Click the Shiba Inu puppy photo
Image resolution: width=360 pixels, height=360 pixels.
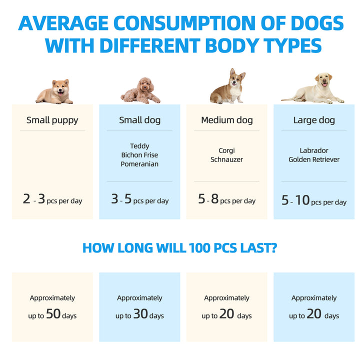[54, 92]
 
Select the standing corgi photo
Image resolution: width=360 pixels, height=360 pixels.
[227, 87]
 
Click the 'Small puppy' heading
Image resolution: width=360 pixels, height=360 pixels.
[52, 120]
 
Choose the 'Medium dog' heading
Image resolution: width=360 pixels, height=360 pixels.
[227, 120]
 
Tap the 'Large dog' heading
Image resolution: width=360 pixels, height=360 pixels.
[314, 120]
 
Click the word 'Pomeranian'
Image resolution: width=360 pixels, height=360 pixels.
[139, 164]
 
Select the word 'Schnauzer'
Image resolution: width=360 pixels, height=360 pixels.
[226, 159]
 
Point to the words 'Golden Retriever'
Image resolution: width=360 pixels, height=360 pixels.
[314, 159]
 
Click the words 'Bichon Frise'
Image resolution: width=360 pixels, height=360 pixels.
[139, 155]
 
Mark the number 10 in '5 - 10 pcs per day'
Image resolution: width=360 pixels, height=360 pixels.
[302, 200]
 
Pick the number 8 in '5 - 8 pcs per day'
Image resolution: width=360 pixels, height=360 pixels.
[214, 199]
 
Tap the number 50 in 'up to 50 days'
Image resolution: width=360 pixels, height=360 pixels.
[53, 314]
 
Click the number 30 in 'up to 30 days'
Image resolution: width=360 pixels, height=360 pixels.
[140, 314]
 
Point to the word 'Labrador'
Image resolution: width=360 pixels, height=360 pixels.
[314, 150]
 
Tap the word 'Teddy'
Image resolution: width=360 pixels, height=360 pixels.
[139, 146]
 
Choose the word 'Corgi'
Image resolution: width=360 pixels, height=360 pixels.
[226, 150]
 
